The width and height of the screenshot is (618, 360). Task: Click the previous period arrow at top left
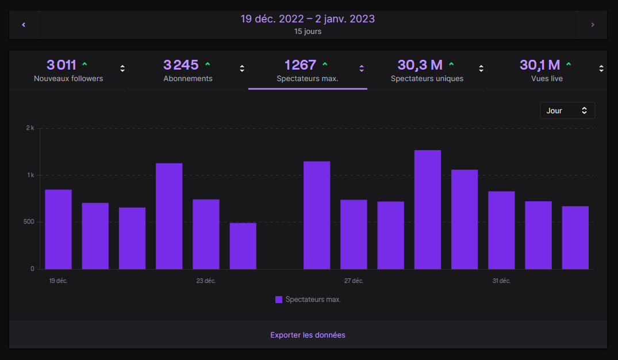coord(24,25)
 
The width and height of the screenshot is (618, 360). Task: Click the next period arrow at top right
coord(593,25)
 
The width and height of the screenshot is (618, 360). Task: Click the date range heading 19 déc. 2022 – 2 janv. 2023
coord(308,19)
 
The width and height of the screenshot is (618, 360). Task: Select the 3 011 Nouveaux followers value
coord(61,65)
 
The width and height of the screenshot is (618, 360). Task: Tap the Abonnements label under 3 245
coord(187,79)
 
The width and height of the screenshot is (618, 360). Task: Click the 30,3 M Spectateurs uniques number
coord(420,65)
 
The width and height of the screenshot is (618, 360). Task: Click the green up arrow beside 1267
coord(325,64)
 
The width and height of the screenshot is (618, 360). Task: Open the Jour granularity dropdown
coord(567,110)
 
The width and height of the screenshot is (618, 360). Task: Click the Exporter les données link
coord(308,335)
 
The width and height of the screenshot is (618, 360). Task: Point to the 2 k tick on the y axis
coord(30,128)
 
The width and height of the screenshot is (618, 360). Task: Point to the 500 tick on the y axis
coord(28,222)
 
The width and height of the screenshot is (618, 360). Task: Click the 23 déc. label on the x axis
coord(206,281)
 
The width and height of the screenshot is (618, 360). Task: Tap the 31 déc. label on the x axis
coord(501,281)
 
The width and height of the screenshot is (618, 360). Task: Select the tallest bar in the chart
coord(427,210)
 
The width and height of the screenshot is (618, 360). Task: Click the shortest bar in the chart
coord(243,246)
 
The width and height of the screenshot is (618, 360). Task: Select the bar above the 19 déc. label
coord(58,229)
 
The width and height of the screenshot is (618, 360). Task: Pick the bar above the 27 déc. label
coord(354,235)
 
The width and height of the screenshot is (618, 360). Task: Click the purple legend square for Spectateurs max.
coord(279,300)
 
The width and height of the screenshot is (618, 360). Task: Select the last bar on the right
coord(575,238)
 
